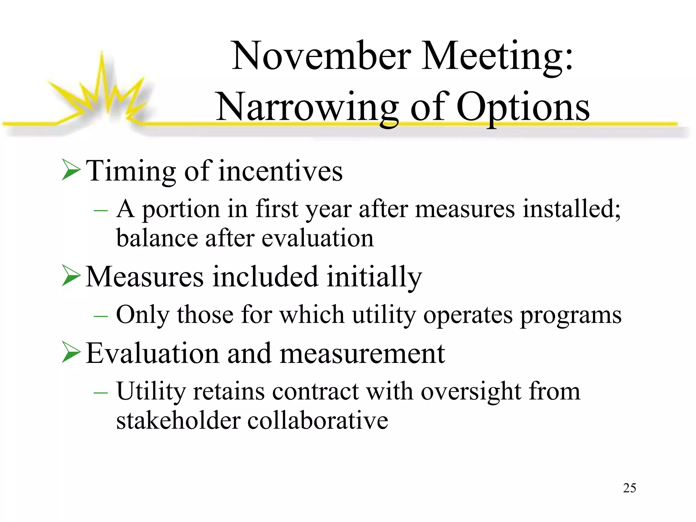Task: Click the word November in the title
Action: [321, 56]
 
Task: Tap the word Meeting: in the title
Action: [497, 56]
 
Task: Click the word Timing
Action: [131, 171]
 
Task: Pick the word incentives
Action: [280, 171]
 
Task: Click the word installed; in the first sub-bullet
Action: [572, 208]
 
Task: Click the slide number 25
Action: [629, 488]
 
